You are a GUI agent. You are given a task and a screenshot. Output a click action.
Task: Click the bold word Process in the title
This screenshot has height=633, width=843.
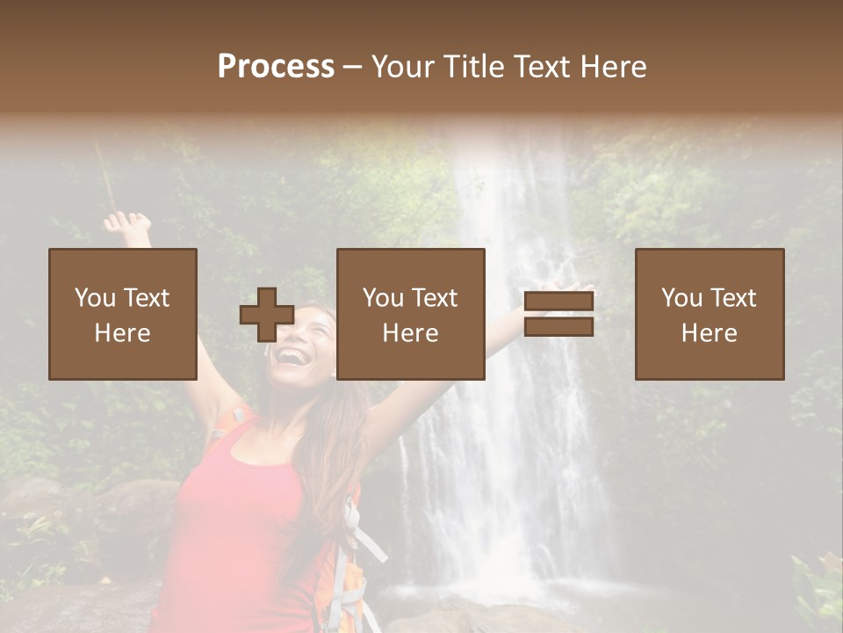coord(276,67)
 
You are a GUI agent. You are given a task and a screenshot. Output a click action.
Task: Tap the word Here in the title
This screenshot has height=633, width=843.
coord(612,67)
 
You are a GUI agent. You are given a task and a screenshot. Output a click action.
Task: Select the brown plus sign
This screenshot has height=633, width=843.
coord(267,315)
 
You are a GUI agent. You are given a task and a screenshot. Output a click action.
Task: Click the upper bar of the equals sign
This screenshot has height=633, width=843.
coord(558,302)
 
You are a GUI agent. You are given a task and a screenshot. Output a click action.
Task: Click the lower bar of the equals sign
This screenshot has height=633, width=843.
coord(558,327)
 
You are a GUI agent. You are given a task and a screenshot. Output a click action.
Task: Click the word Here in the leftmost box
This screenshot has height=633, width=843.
coord(122,333)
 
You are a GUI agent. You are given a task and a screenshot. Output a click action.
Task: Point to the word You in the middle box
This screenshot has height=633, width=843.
coord(383,298)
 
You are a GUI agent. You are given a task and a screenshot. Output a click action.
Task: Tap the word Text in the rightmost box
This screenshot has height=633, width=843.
coord(734,298)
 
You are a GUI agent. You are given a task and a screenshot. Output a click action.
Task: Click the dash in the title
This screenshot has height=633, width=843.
coord(353,67)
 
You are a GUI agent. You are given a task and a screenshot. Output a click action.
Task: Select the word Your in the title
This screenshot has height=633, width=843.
coord(403,67)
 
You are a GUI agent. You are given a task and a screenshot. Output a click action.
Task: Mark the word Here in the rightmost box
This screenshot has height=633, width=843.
coord(709,333)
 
